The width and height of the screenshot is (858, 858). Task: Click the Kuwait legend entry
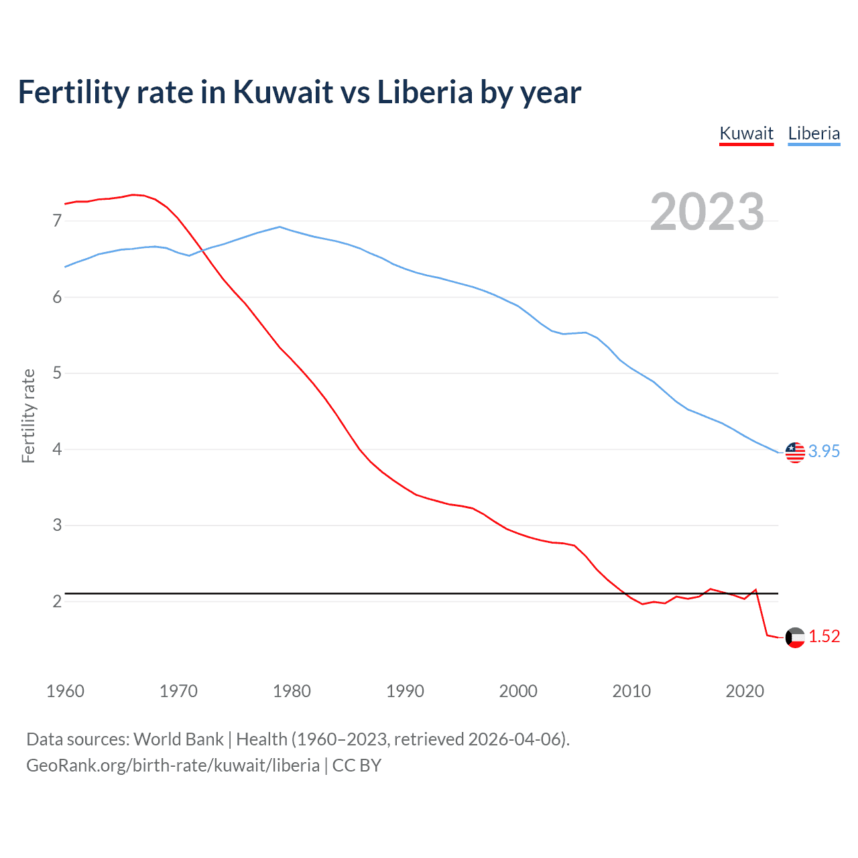(x=746, y=133)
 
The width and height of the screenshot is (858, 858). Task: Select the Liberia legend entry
(x=814, y=133)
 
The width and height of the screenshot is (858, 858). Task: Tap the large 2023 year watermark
(x=707, y=212)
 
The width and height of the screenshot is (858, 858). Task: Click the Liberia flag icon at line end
(x=795, y=452)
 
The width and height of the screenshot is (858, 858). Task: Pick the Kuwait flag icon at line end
(x=795, y=637)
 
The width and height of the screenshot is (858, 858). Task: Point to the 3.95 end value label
(x=824, y=452)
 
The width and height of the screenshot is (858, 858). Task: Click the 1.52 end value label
(x=824, y=637)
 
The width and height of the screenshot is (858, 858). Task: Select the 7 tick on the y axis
(x=57, y=221)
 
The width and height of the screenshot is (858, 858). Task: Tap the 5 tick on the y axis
(x=57, y=373)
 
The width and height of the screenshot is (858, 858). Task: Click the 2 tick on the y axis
(x=57, y=601)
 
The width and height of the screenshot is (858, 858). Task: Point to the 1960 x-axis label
(x=65, y=691)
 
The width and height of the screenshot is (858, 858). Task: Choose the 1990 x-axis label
(x=405, y=691)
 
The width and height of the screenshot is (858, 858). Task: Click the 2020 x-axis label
(x=745, y=691)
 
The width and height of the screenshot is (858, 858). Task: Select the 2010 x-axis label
(x=631, y=691)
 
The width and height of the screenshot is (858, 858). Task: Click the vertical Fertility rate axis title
(x=28, y=416)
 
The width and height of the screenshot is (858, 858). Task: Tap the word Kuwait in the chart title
(x=282, y=92)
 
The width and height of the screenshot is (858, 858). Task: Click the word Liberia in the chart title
(x=425, y=92)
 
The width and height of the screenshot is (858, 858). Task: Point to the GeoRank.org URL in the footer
(x=173, y=765)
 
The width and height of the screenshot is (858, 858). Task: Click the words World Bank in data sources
(x=178, y=739)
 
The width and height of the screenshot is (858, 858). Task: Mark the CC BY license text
(x=357, y=765)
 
